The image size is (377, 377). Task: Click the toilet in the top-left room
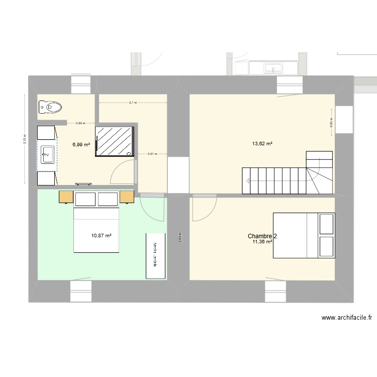pyautogui.click(x=50, y=107)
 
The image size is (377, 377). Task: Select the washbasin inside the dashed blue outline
pyautogui.click(x=47, y=154)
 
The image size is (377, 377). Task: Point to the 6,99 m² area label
pyautogui.click(x=81, y=144)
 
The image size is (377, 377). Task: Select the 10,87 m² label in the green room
pyautogui.click(x=101, y=235)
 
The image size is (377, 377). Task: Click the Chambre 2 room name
pyautogui.click(x=262, y=236)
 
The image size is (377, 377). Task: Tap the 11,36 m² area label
pyautogui.click(x=262, y=242)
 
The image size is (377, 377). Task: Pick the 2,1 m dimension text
pyautogui.click(x=133, y=103)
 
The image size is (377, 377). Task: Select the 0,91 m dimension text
pyautogui.click(x=152, y=154)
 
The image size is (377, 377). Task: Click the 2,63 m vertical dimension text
pyautogui.click(x=179, y=236)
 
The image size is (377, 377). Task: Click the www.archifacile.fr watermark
pyautogui.click(x=347, y=317)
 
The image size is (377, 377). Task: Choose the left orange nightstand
pyautogui.click(x=66, y=197)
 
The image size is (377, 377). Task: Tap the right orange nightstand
pyautogui.click(x=127, y=197)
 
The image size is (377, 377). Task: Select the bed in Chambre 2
pyautogui.click(x=304, y=235)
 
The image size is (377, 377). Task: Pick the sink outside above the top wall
pyautogui.click(x=274, y=67)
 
